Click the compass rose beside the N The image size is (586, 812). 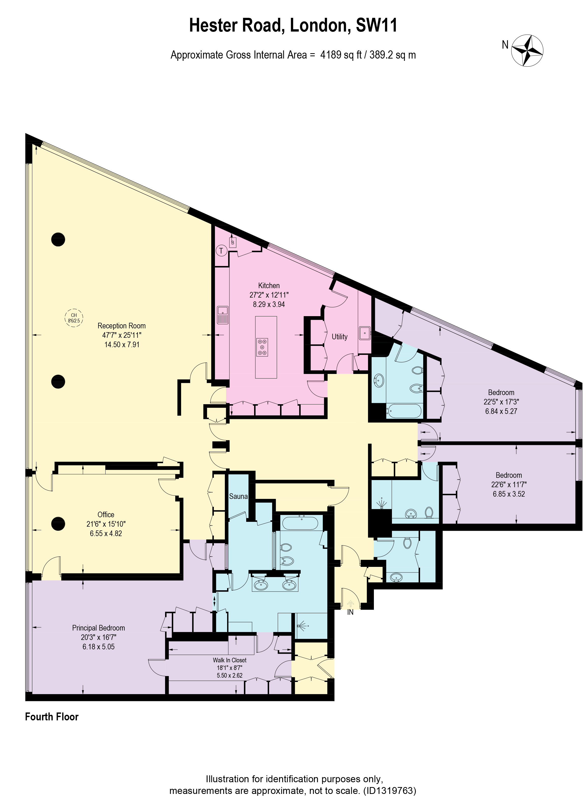click(527, 50)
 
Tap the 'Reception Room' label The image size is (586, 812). click(122, 326)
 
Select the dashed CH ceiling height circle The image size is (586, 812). click(74, 318)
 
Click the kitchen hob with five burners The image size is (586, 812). click(262, 347)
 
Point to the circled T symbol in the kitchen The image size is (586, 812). click(221, 251)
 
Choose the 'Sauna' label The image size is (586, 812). click(238, 496)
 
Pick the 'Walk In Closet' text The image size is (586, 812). click(230, 660)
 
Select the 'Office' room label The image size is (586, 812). click(106, 514)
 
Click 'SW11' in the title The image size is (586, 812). click(377, 25)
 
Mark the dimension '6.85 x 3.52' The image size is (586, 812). click(509, 494)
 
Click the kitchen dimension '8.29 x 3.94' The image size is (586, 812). click(269, 304)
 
